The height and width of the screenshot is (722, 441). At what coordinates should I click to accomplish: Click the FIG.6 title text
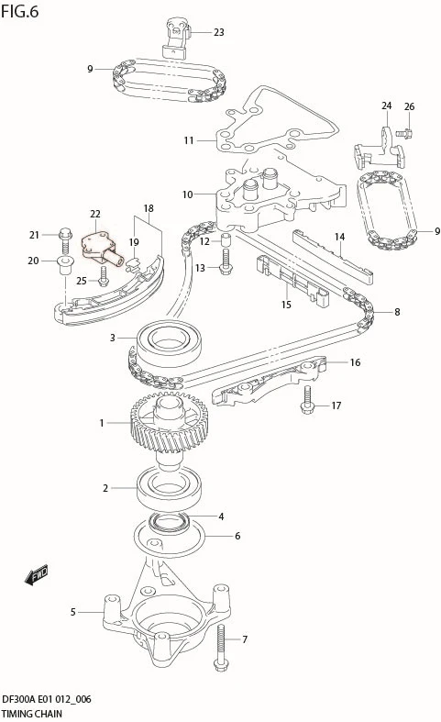[x=20, y=12]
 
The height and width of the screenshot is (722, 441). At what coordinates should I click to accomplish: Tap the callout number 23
[x=218, y=32]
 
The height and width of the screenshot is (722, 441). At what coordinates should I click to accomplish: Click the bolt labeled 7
[x=220, y=648]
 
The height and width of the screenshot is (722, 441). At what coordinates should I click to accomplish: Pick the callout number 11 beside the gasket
[x=189, y=140]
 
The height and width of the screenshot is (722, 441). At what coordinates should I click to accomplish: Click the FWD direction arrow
[x=36, y=574]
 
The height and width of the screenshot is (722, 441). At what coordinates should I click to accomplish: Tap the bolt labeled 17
[x=307, y=399]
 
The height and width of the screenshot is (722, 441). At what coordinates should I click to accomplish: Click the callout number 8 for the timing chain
[x=397, y=312]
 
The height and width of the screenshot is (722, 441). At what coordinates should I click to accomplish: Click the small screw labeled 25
[x=103, y=276]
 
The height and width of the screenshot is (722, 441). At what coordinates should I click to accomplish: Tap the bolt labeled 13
[x=226, y=262]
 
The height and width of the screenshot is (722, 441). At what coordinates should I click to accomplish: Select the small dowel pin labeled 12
[x=226, y=240]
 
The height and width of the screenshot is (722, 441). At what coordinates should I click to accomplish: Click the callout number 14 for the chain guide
[x=340, y=237]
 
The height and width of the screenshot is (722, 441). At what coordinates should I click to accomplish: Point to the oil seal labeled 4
[x=170, y=523]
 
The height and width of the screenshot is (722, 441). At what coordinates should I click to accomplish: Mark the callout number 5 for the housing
[x=72, y=612]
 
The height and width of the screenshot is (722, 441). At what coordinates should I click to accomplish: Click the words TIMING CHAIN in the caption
[x=32, y=714]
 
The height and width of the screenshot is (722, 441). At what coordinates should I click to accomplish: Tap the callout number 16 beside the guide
[x=355, y=362]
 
